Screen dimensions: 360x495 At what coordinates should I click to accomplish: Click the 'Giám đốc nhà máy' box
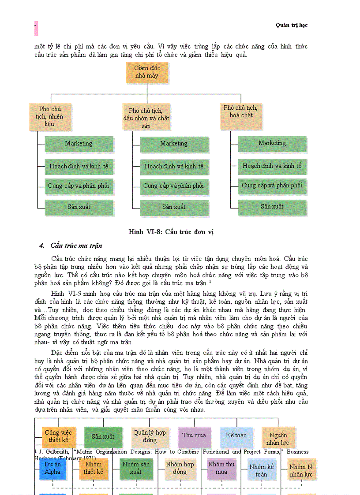click(141, 73)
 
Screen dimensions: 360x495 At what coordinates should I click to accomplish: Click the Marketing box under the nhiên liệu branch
click(79, 144)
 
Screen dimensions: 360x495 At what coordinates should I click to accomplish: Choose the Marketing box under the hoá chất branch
click(272, 143)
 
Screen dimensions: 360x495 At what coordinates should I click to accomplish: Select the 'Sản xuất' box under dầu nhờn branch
click(174, 207)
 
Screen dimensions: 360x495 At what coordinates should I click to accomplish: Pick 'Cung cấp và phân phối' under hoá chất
click(272, 186)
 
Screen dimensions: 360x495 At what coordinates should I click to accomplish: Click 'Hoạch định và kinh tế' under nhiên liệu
click(79, 167)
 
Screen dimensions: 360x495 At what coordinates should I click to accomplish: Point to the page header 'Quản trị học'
click(292, 25)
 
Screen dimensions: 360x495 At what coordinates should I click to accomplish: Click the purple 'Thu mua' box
click(194, 435)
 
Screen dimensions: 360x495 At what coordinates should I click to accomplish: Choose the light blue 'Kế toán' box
click(236, 435)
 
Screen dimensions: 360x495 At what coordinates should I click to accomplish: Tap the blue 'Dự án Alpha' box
click(52, 468)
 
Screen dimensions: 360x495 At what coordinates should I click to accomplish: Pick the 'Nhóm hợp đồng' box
click(180, 468)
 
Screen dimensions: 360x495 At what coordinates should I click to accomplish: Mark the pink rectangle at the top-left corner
click(36, 28)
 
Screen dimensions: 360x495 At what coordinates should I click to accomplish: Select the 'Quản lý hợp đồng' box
click(150, 436)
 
